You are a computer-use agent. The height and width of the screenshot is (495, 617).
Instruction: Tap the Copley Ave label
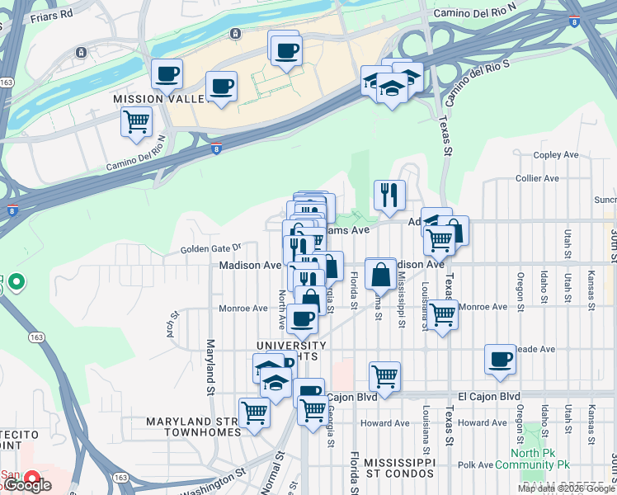tap(556, 154)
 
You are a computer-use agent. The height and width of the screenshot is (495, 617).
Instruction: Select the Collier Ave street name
tap(537, 178)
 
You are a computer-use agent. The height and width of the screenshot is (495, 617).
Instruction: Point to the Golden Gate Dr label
tap(211, 247)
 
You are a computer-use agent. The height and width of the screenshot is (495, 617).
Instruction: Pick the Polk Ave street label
tap(475, 465)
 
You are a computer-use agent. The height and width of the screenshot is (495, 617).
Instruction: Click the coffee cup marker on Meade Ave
tap(500, 359)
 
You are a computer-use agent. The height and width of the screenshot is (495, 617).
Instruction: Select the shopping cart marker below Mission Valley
tap(136, 121)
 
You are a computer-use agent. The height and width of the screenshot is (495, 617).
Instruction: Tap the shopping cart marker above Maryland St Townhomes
tap(254, 411)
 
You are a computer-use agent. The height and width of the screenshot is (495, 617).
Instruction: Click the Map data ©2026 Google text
tap(566, 488)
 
